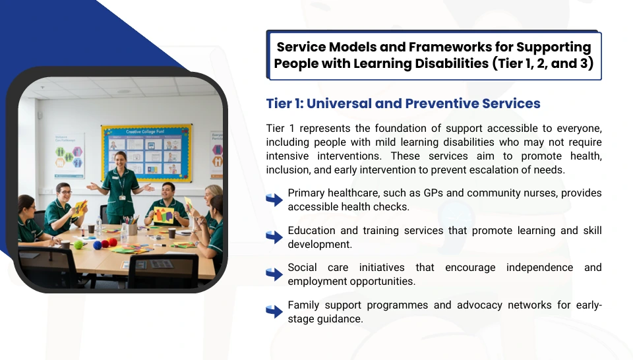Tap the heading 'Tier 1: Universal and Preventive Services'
pos(403,104)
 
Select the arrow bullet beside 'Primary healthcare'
pos(274,199)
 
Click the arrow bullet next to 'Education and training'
pos(274,237)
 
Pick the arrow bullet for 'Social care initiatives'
pos(274,274)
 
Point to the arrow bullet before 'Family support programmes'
pos(274,311)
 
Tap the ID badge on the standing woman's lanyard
pos(122,198)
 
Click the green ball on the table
pos(78,245)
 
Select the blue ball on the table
pos(97,245)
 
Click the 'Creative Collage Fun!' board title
pos(145,132)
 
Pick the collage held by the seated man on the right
pos(164,215)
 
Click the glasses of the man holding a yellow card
pos(66,193)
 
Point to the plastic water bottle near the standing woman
pos(99,225)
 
